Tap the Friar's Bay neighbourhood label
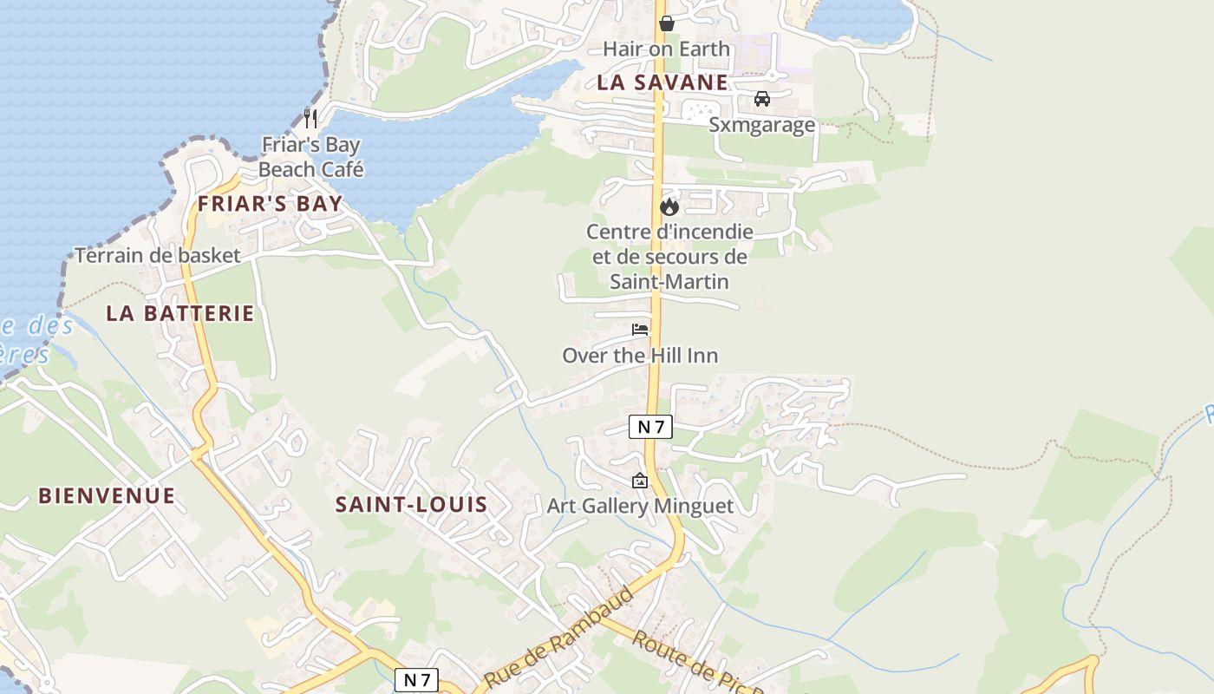(270, 205)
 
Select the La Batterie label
(180, 313)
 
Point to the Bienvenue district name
(107, 496)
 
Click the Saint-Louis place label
(412, 505)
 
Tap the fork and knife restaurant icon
(310, 118)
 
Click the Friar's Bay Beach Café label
(310, 157)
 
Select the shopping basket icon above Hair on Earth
(666, 23)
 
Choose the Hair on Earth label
(666, 49)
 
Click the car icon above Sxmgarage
(762, 99)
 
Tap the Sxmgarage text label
(762, 125)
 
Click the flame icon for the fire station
(669, 206)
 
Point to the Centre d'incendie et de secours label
(669, 257)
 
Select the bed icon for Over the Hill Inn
(640, 330)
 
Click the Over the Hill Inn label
(640, 356)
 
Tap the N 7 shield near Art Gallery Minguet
(650, 426)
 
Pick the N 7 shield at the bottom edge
(416, 680)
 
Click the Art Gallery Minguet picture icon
(640, 481)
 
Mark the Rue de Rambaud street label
(559, 637)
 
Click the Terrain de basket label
(157, 255)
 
